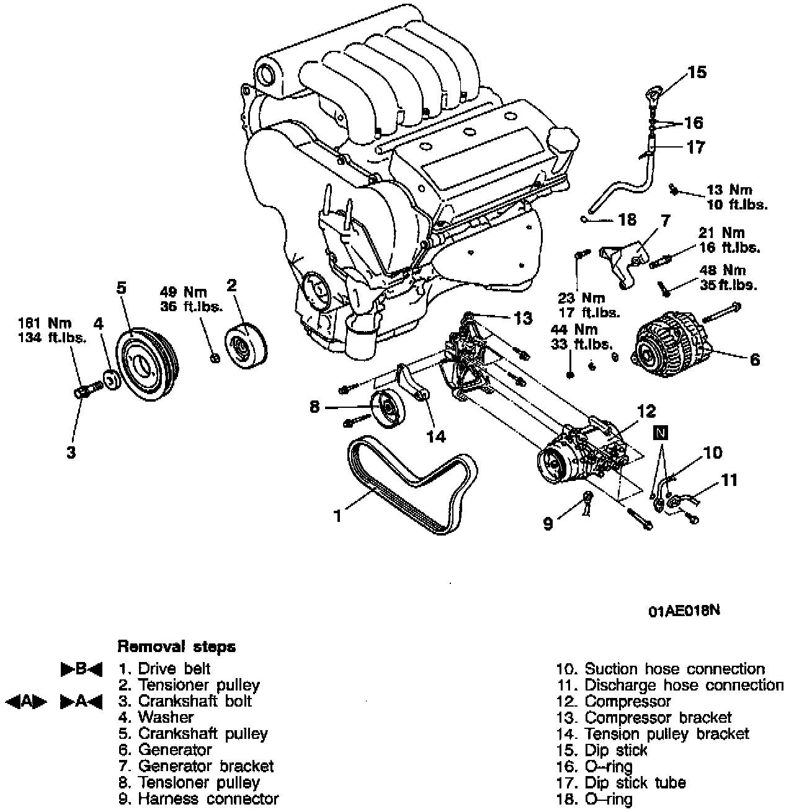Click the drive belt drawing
[x=409, y=490]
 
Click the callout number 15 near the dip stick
[x=697, y=73]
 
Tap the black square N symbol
[x=661, y=433]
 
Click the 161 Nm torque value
[x=53, y=323]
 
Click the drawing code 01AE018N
[x=684, y=611]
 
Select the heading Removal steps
[x=177, y=647]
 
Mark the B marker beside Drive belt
[x=81, y=669]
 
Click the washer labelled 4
[x=112, y=379]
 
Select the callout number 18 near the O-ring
[x=627, y=219]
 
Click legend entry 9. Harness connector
[x=198, y=798]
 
